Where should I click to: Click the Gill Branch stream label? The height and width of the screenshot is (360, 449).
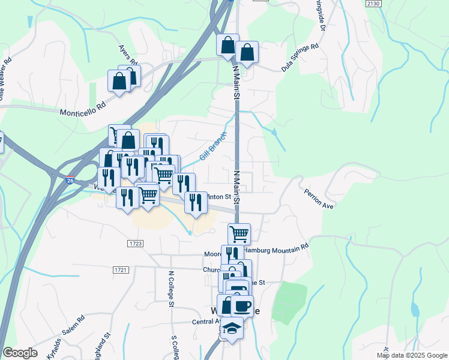coord(213,146)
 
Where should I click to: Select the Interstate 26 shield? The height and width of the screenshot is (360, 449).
coord(71,179)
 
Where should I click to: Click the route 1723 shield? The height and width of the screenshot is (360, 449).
coord(135,243)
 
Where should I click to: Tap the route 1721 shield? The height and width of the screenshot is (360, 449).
coord(120,271)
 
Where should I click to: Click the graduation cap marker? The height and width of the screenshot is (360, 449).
coord(231,328)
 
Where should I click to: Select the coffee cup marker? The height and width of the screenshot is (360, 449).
coord(242,307)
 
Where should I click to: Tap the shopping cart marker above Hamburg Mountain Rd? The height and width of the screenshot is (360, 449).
coord(239,233)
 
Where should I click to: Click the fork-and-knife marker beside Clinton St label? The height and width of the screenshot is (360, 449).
coord(195,202)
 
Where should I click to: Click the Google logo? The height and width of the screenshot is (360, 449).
coord(20,353)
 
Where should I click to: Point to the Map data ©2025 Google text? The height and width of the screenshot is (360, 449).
coord(412,355)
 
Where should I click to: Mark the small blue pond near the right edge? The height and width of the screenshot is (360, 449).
coord(415,310)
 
